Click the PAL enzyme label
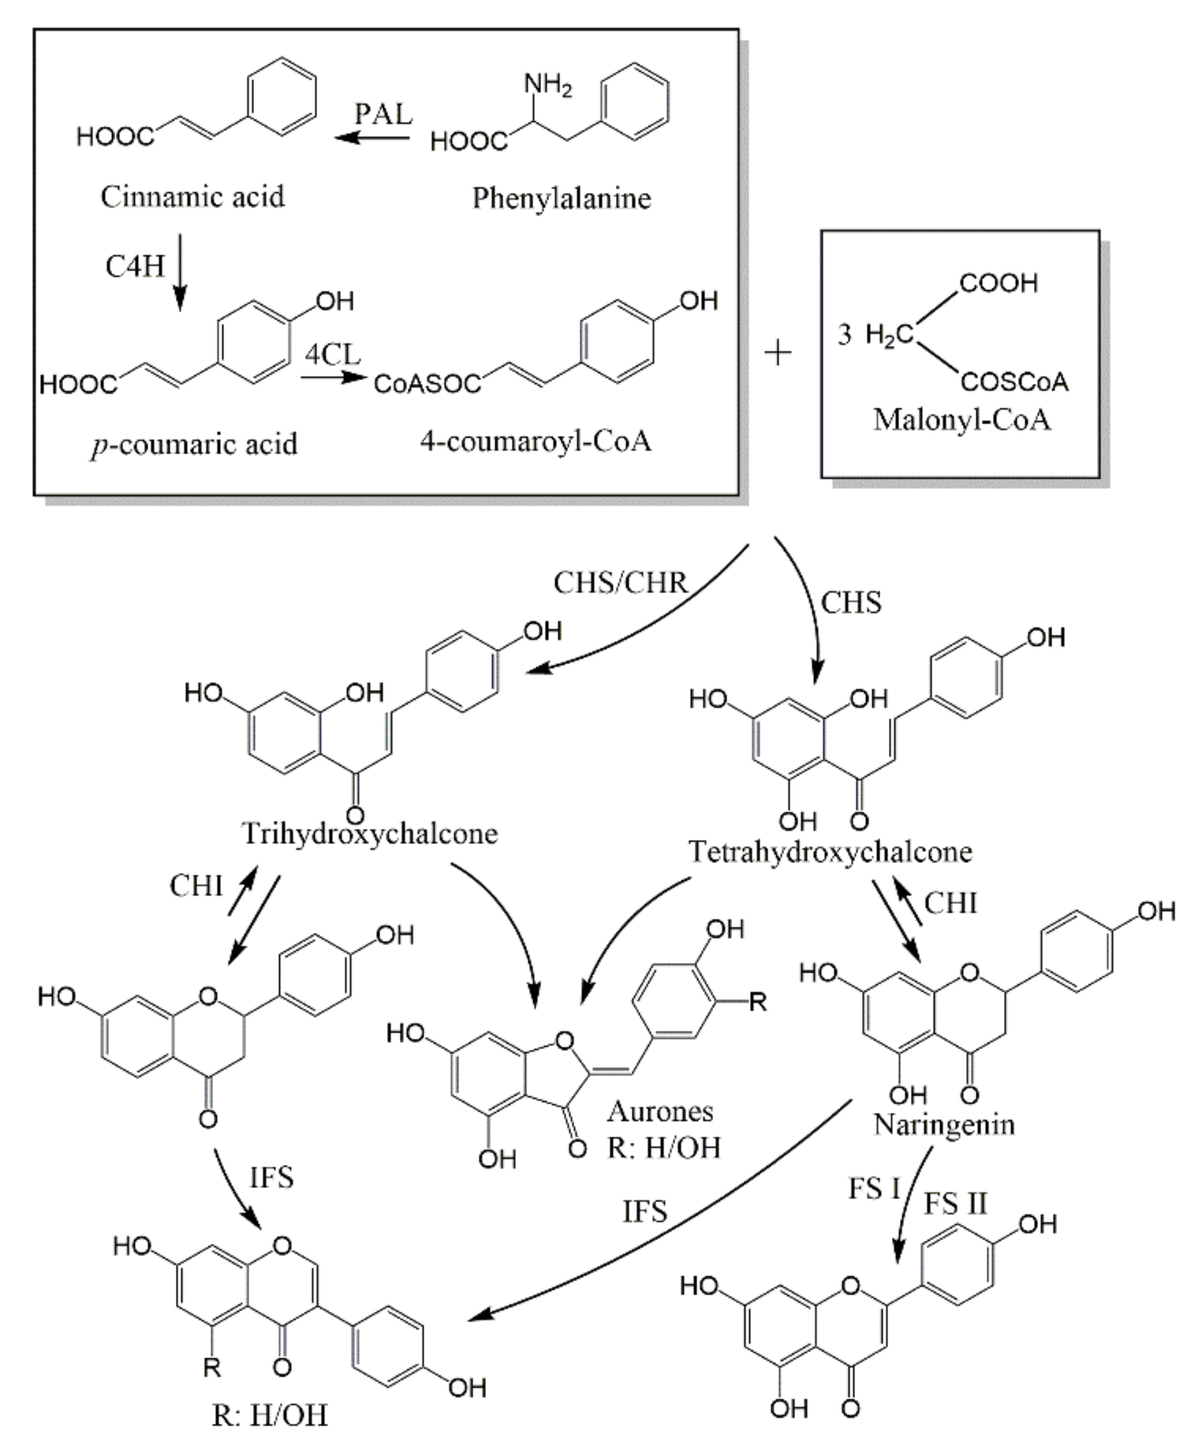(383, 114)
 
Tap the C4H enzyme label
(135, 266)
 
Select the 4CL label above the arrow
(332, 355)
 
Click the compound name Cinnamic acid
(193, 197)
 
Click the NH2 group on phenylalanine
(548, 86)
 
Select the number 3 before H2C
(845, 335)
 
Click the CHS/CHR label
(620, 583)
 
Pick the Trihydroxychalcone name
(370, 834)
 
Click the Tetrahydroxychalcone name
(830, 852)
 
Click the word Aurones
(660, 1111)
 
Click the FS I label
(874, 1189)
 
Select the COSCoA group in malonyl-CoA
(1014, 383)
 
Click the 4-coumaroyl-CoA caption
(535, 441)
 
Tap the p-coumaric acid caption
(194, 445)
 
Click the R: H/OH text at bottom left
(269, 1415)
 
